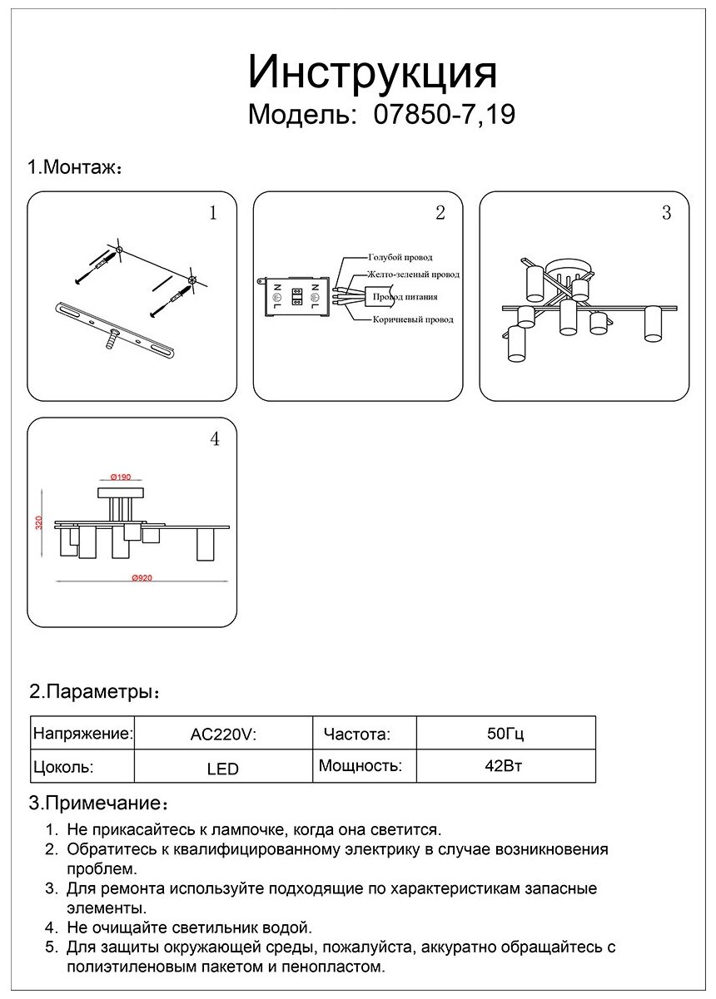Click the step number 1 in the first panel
coord(213,214)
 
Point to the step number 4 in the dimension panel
coord(215,439)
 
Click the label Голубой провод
coord(400,258)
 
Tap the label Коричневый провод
coord(411,319)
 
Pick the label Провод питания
coord(405,297)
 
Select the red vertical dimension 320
coord(38,522)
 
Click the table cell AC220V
coord(222,735)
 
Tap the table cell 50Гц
coord(505,734)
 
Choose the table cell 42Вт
coord(503,766)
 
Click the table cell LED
coord(222,769)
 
